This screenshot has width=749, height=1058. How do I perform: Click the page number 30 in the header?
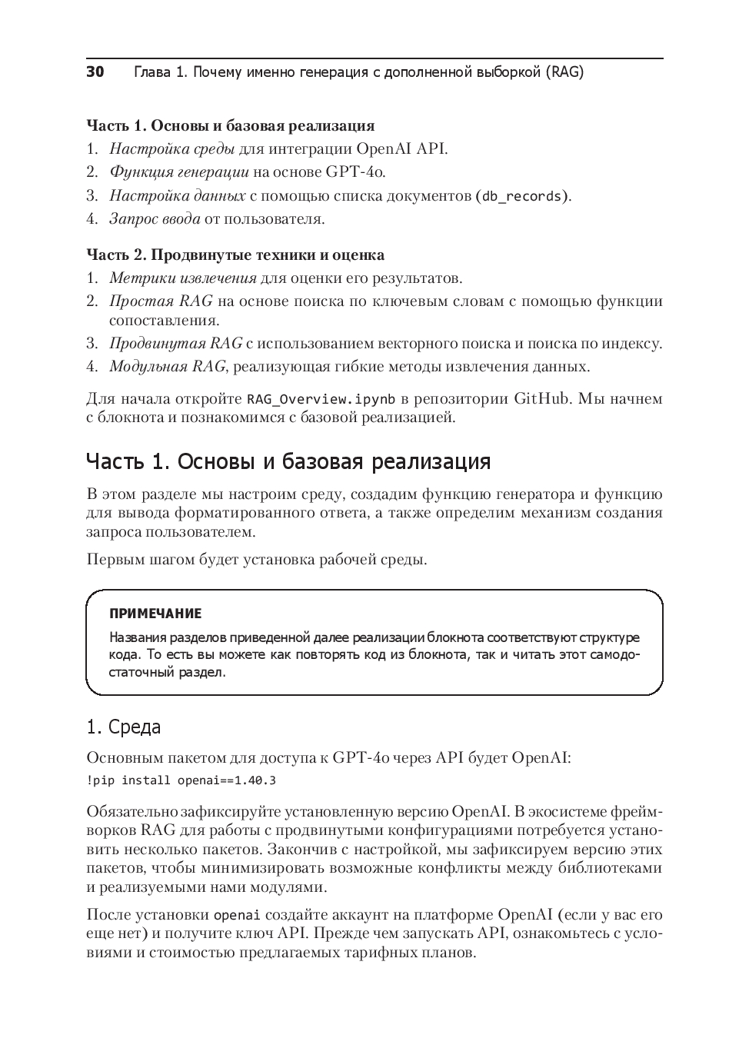(x=95, y=72)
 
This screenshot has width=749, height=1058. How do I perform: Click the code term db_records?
(x=521, y=196)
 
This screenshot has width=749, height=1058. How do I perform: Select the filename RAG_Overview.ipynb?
(x=321, y=399)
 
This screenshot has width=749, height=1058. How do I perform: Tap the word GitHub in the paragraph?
(x=542, y=398)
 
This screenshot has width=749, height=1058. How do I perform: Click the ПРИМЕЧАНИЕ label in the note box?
(x=155, y=614)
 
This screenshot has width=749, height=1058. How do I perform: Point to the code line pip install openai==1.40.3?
(x=181, y=780)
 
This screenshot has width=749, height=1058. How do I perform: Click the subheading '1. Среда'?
(x=123, y=727)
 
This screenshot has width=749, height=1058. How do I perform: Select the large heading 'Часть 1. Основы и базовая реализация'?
(x=288, y=461)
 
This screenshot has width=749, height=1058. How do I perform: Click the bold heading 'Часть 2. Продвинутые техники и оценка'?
(x=235, y=255)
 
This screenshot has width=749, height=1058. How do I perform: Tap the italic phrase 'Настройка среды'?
(x=172, y=148)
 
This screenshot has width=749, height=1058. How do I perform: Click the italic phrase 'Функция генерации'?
(x=179, y=171)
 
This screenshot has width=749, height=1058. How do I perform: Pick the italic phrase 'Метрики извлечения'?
(x=183, y=278)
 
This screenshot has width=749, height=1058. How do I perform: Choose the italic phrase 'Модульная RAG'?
(x=168, y=366)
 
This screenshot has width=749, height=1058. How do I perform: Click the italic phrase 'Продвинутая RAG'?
(x=175, y=343)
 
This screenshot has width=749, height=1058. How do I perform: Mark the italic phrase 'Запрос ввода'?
(x=155, y=219)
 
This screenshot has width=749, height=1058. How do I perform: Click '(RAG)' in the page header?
(x=565, y=72)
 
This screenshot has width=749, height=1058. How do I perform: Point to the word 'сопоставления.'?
(x=165, y=320)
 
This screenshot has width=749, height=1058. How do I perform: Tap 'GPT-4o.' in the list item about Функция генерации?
(x=355, y=171)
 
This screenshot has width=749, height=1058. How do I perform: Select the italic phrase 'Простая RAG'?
(x=161, y=301)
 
